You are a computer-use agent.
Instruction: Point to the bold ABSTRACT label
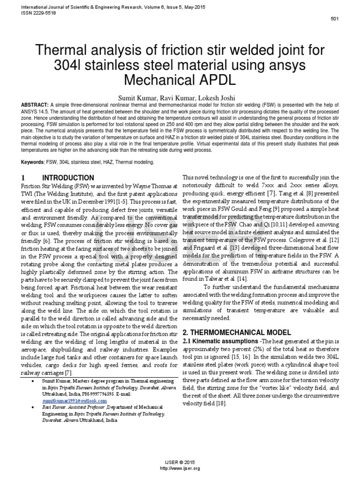point(34,105)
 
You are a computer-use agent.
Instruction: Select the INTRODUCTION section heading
point(68,178)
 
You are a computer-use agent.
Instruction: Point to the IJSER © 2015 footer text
point(180,463)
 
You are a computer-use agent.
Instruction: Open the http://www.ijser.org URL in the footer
point(180,468)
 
